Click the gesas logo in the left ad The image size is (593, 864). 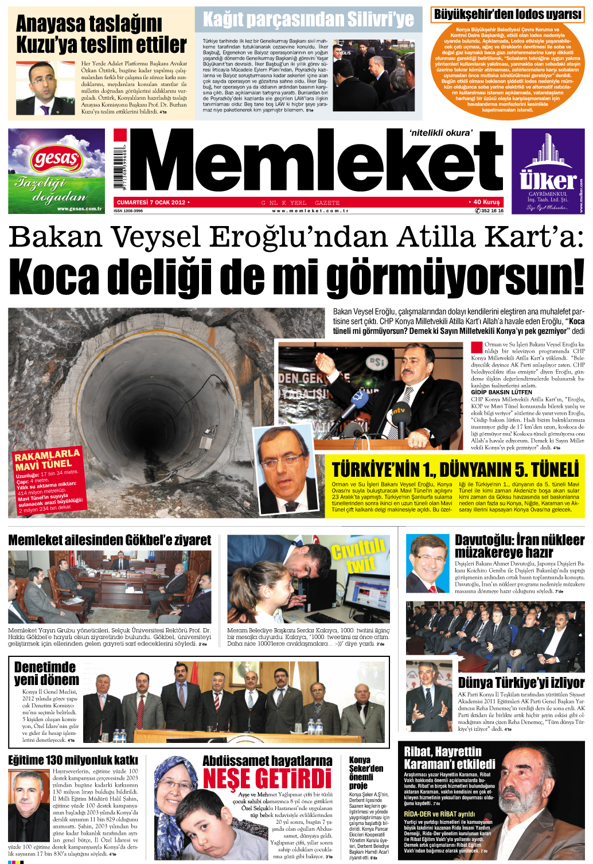tap(56, 159)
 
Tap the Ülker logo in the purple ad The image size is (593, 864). tap(548, 180)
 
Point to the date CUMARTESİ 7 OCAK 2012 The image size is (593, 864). tap(151, 202)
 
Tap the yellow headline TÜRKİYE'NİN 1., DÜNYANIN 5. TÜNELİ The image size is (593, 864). tap(455, 470)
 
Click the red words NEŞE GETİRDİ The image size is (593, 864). tap(267, 779)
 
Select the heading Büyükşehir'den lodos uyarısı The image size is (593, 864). tap(507, 14)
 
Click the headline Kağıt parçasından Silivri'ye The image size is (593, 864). tap(308, 20)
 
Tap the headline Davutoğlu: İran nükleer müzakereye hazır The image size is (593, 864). tap(519, 546)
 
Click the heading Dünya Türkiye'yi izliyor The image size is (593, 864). tap(521, 683)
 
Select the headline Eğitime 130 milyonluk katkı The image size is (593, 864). tap(73, 760)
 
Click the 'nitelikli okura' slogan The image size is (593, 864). tap(440, 133)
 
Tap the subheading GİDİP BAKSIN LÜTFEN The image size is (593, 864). tap(501, 392)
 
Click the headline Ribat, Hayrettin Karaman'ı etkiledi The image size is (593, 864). tap(449, 757)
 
